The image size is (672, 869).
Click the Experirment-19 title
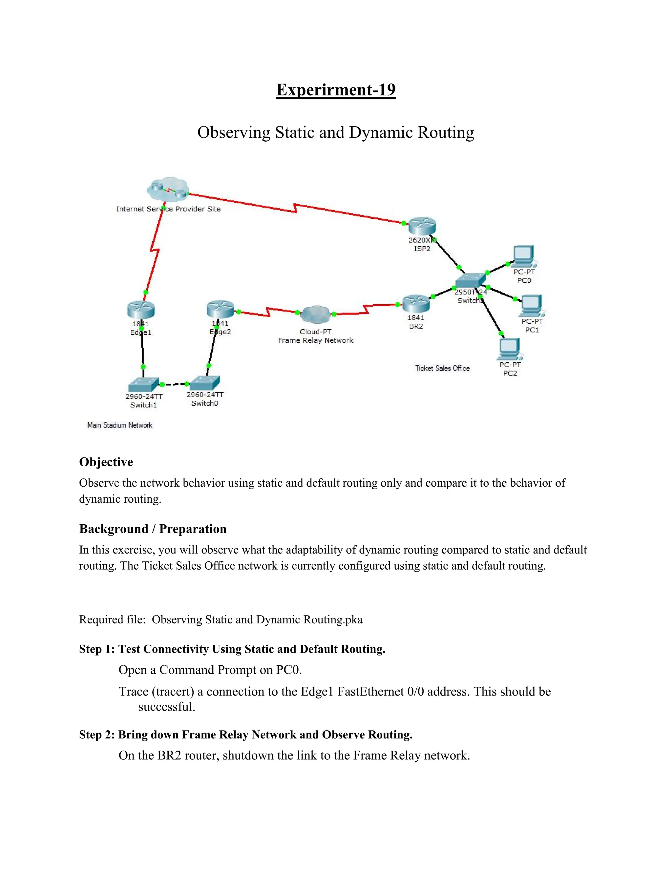coord(336,90)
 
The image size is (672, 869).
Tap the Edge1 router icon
coord(141,310)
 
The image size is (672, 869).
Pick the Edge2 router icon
coord(220,309)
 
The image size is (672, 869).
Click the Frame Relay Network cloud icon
coord(315,315)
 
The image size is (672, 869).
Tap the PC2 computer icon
coord(509,349)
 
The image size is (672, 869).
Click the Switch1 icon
coord(143,384)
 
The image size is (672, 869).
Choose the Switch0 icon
coord(205,383)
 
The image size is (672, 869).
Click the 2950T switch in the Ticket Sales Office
coord(470,280)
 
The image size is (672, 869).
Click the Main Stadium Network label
coord(120,425)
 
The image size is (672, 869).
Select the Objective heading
coord(106,462)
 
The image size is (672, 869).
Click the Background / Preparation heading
coord(153,529)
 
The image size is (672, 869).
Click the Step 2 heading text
coord(246,735)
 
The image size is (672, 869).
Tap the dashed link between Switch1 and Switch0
coord(174,384)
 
